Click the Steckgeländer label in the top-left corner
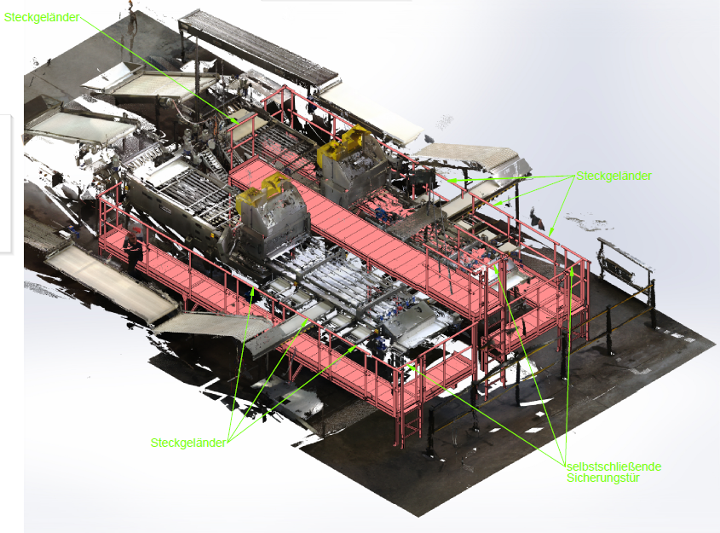point(42,17)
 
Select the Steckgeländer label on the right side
point(614,176)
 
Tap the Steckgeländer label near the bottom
point(188,443)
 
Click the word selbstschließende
point(614,466)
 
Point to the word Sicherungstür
point(603,478)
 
